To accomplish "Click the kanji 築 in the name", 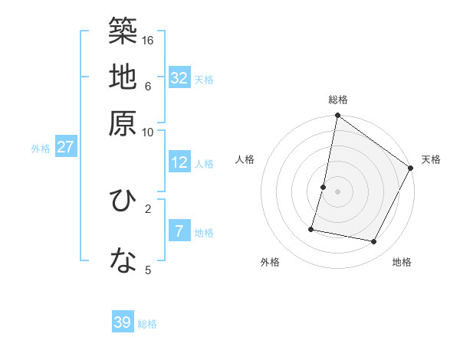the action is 123,31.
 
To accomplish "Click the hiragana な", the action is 123,261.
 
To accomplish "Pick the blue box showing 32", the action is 179,77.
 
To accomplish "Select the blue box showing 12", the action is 179,162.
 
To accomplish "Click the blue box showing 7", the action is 179,231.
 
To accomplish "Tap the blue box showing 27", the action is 65,147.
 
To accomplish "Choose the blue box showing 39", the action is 123,322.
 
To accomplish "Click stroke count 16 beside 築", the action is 149,39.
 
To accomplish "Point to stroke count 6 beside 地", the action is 149,86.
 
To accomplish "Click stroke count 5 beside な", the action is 149,270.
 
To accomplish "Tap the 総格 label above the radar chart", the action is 338,100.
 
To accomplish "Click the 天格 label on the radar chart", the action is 431,159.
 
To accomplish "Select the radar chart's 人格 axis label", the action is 245,159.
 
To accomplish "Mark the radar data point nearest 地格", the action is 374,242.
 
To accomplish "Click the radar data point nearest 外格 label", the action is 311,229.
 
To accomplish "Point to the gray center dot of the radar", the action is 338,191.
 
